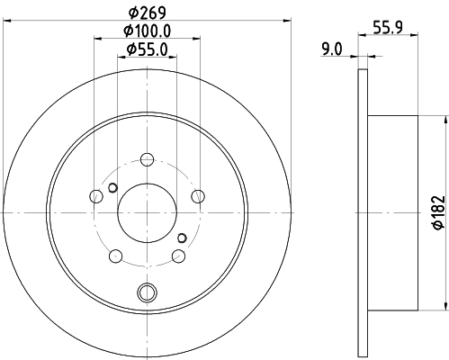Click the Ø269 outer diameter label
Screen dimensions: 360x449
(x=147, y=13)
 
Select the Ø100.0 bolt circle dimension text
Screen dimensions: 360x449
(x=147, y=31)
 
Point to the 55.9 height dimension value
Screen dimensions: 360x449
(x=389, y=29)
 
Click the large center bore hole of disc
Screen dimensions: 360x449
(x=146, y=212)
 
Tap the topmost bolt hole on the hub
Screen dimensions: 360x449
(x=147, y=159)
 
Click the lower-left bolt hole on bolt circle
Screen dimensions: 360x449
(x=115, y=256)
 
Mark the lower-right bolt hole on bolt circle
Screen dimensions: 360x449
(x=177, y=256)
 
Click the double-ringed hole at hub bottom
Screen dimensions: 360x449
(x=147, y=292)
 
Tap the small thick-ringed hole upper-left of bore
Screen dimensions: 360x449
(x=112, y=187)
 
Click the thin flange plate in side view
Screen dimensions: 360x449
(x=364, y=212)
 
